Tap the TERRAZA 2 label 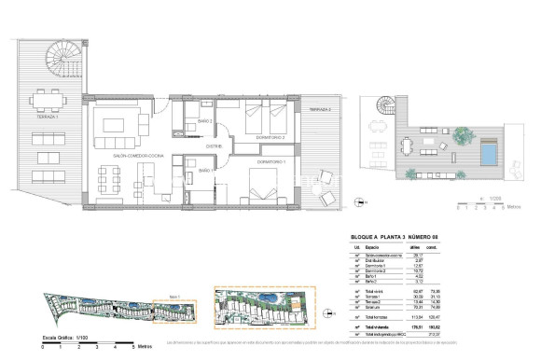click(x=318, y=110)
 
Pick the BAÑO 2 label click(x=206, y=121)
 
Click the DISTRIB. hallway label click(x=215, y=146)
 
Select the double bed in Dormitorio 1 click(x=259, y=191)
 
